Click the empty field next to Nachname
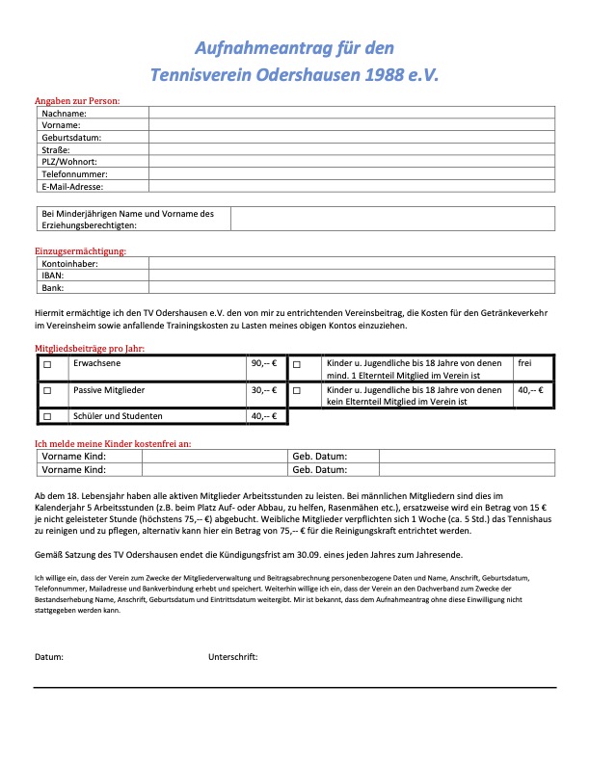pyautogui.click(x=352, y=114)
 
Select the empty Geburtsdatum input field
pyautogui.click(x=352, y=138)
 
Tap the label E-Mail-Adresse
pyautogui.click(x=72, y=187)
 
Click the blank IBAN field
pyautogui.click(x=352, y=275)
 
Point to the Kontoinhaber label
pyautogui.click(x=70, y=262)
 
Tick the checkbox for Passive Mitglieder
pyautogui.click(x=46, y=391)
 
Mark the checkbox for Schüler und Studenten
pyautogui.click(x=46, y=416)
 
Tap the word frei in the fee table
pyautogui.click(x=525, y=364)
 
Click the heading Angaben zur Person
pyautogui.click(x=77, y=100)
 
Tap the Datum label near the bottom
pyautogui.click(x=49, y=656)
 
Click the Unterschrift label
pyautogui.click(x=233, y=656)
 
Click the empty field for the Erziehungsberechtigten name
pyautogui.click(x=392, y=219)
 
